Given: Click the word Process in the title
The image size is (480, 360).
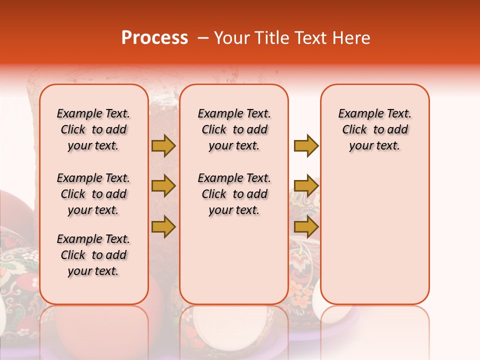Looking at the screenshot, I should [154, 38].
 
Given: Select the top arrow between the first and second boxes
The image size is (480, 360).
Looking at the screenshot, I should [163, 145].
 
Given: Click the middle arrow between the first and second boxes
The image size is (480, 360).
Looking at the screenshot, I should [163, 186].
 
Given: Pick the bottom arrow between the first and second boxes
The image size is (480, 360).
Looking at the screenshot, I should [163, 227].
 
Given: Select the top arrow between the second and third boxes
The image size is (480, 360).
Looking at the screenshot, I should [306, 145].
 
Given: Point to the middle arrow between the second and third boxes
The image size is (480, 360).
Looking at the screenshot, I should [306, 186].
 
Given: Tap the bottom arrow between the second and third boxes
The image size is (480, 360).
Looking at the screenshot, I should [306, 227].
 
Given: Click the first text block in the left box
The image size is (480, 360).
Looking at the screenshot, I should [93, 129].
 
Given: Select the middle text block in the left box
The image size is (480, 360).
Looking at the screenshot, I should [93, 194].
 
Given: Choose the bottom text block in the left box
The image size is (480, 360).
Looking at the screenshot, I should [93, 255].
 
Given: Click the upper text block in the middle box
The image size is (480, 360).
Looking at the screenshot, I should [234, 129].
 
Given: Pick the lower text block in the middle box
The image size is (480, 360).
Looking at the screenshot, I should [234, 194].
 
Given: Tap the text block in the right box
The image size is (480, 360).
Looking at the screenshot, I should [374, 129].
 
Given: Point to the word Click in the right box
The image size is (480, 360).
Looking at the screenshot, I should [354, 130].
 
